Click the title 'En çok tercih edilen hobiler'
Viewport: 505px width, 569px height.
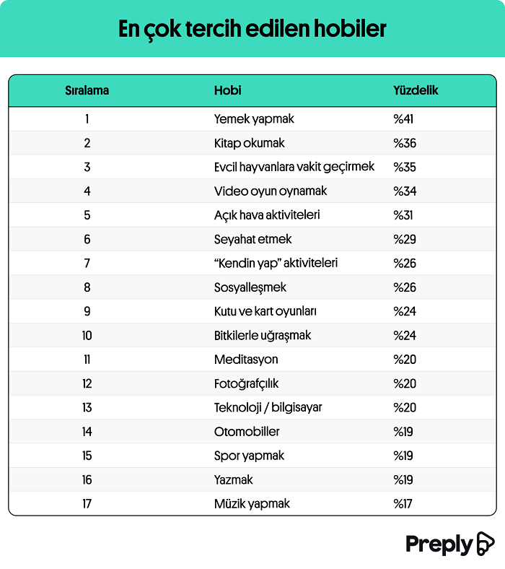click(x=252, y=28)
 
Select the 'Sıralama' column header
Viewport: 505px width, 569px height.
click(x=87, y=91)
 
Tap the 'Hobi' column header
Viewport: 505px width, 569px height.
click(x=227, y=91)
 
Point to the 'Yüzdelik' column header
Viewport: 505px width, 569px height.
click(x=416, y=91)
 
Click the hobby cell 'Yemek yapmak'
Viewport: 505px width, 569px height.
click(x=254, y=119)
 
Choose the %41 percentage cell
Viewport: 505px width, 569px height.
click(x=403, y=119)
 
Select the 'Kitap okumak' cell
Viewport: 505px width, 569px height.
click(x=250, y=143)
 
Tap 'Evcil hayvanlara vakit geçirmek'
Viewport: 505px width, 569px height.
click(x=294, y=167)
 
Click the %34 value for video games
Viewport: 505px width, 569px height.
click(x=405, y=191)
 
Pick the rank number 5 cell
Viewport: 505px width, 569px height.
click(x=87, y=215)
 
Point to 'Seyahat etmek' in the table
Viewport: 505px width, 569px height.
click(x=252, y=239)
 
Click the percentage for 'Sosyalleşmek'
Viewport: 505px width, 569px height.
click(x=405, y=287)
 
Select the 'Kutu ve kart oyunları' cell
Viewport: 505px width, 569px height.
click(x=265, y=311)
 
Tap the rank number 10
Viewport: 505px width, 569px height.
click(x=87, y=336)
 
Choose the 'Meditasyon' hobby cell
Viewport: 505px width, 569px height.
click(x=246, y=360)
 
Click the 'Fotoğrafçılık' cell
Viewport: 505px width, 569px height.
click(x=246, y=383)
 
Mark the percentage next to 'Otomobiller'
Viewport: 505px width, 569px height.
click(x=403, y=432)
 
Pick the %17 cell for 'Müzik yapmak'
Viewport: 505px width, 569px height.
click(x=403, y=504)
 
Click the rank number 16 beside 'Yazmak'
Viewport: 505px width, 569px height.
click(x=87, y=480)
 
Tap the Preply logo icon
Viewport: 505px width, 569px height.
click(x=485, y=544)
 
